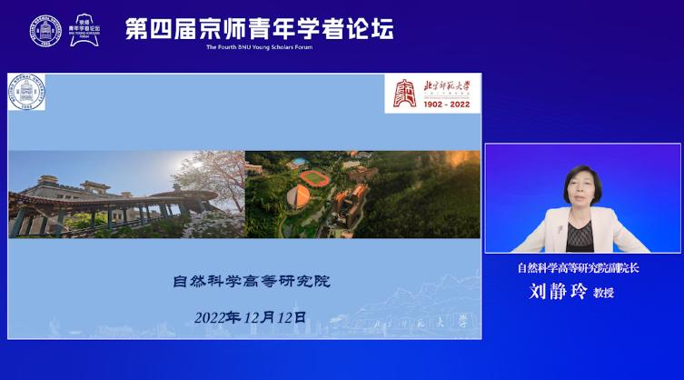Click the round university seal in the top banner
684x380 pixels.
pos(43,30)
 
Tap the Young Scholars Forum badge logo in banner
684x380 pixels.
pos(84,30)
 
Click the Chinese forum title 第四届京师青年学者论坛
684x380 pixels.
pos(259,28)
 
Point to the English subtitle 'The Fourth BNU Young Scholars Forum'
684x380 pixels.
pos(259,47)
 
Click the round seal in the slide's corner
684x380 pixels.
pos(26,93)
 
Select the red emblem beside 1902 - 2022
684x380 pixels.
pos(404,92)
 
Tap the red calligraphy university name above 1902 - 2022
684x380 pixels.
pos(448,85)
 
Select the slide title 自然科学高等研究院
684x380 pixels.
pos(251,281)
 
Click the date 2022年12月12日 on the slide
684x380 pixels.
pos(251,317)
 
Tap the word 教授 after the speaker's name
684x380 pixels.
pos(604,294)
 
